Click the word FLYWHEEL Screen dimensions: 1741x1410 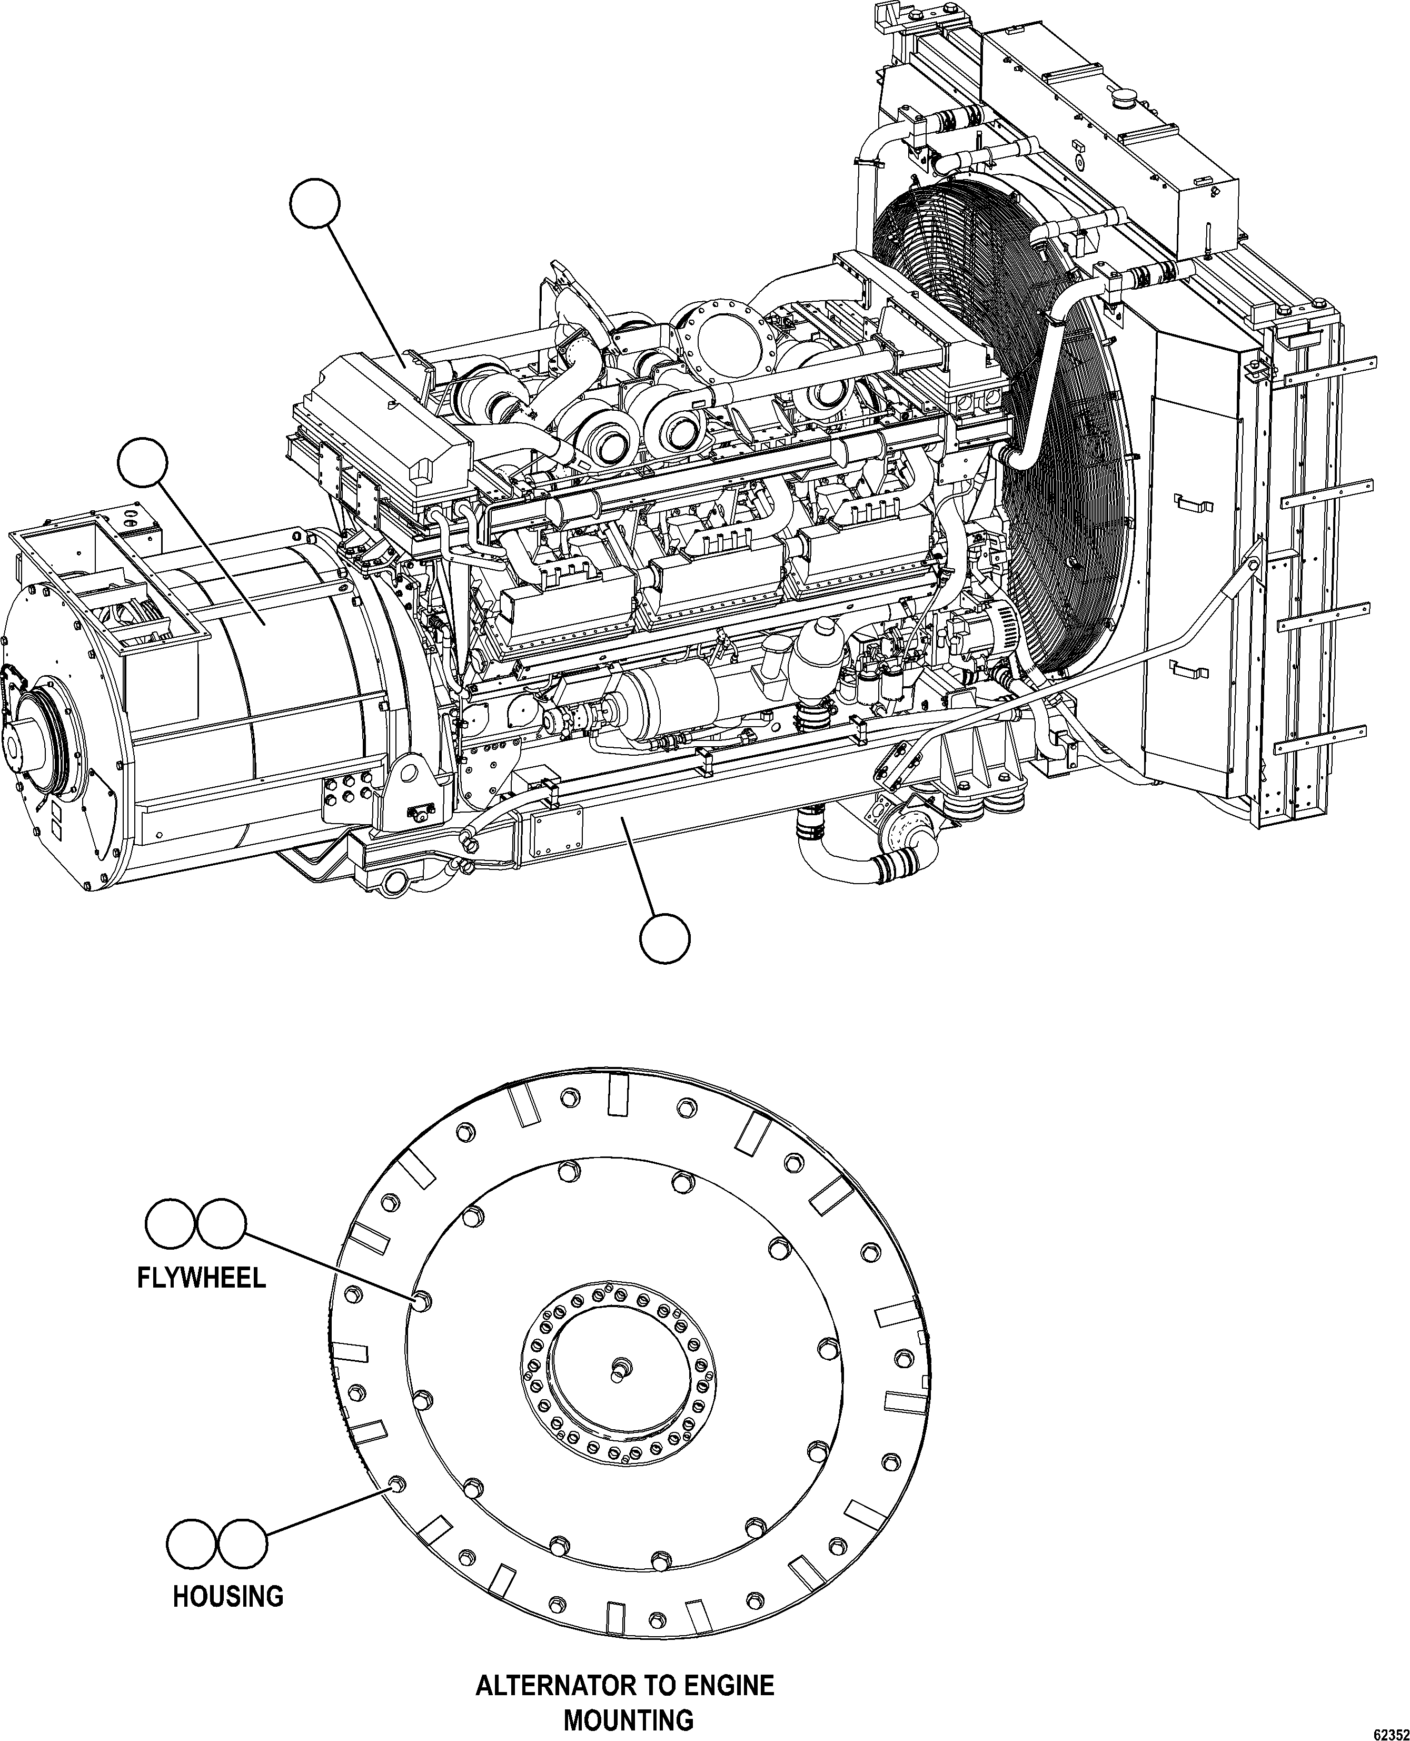[x=201, y=1278]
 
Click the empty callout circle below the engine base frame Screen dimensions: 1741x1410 [x=665, y=938]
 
